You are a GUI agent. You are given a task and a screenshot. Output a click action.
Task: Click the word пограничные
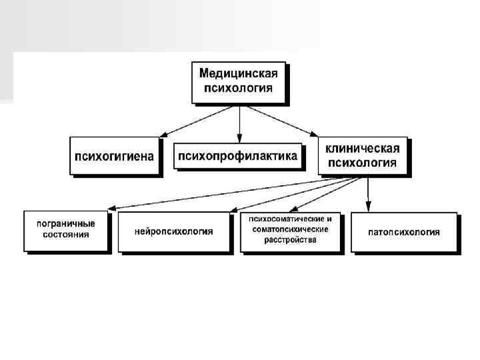(65, 223)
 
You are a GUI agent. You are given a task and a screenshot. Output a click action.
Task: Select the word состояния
(65, 235)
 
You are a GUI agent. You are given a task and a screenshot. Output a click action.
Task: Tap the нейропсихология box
(173, 231)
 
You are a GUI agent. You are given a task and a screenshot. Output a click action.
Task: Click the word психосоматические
(290, 219)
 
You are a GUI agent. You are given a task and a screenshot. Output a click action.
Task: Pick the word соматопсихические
(290, 229)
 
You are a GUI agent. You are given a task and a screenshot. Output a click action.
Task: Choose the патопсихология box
(404, 232)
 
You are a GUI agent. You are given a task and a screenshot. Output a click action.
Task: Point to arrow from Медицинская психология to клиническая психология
(293, 120)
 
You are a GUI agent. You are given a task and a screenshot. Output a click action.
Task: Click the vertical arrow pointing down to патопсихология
(368, 193)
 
